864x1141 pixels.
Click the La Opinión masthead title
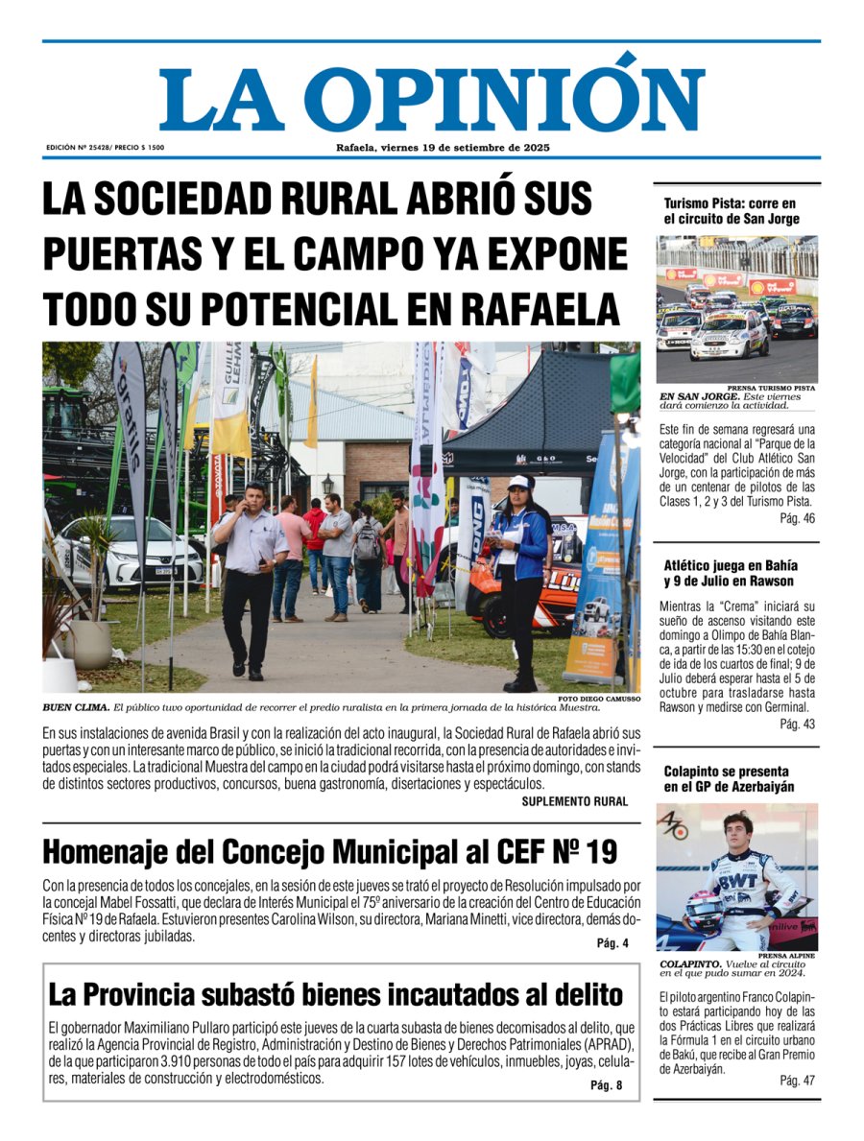(x=432, y=96)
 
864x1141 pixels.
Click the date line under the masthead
(x=443, y=148)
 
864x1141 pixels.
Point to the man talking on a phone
(x=249, y=576)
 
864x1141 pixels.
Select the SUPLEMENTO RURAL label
(x=575, y=801)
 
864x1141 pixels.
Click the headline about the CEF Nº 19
(x=329, y=851)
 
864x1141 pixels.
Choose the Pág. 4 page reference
(x=612, y=943)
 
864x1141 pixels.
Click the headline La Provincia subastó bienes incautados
(x=335, y=993)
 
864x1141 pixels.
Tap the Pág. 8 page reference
(x=607, y=1085)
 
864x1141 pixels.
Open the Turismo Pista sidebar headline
(x=731, y=211)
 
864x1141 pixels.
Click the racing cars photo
(x=737, y=309)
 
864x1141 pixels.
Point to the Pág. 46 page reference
(x=797, y=519)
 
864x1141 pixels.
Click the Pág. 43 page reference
(x=797, y=724)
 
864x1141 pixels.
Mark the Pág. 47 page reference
(x=797, y=1081)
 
